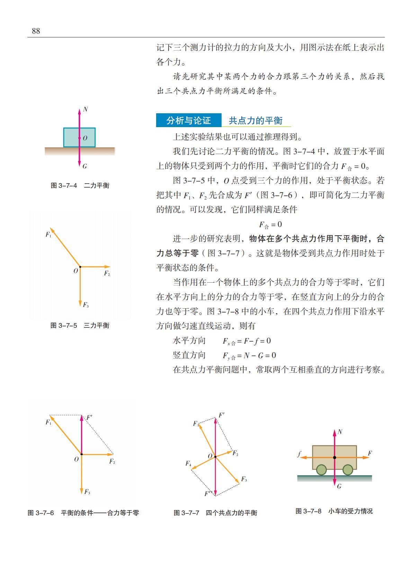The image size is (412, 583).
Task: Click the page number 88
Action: pyautogui.click(x=36, y=31)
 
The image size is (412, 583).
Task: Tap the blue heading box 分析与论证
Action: pyautogui.click(x=188, y=121)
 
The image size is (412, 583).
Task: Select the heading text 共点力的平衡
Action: pyautogui.click(x=256, y=121)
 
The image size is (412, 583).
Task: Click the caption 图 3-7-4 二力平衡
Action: pyautogui.click(x=80, y=186)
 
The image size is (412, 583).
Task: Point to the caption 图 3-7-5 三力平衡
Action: pyautogui.click(x=80, y=326)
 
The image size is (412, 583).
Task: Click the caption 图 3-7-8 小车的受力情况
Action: pyautogui.click(x=334, y=511)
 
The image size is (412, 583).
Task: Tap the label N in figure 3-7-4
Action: pyautogui.click(x=85, y=109)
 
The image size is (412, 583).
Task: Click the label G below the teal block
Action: pyautogui.click(x=85, y=166)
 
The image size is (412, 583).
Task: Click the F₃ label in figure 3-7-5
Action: pyautogui.click(x=86, y=305)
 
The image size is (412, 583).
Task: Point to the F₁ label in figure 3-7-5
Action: pyautogui.click(x=48, y=235)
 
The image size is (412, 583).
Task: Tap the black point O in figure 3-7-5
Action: pyautogui.click(x=80, y=267)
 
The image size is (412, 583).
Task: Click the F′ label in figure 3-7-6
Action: pyautogui.click(x=89, y=417)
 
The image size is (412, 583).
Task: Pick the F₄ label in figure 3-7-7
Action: pyautogui.click(x=188, y=463)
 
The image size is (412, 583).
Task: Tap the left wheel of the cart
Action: pyautogui.click(x=322, y=470)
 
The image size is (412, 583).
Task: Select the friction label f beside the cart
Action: pyautogui.click(x=299, y=453)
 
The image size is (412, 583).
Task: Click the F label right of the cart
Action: pyautogui.click(x=370, y=453)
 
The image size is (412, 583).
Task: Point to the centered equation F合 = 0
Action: pyautogui.click(x=270, y=225)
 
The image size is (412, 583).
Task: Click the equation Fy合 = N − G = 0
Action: pyautogui.click(x=249, y=355)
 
